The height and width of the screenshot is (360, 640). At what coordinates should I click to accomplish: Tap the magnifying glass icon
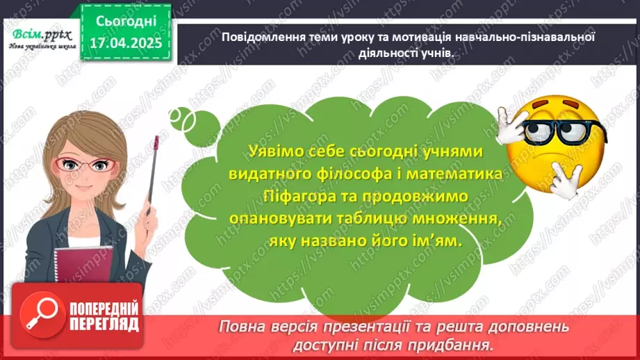[38, 312]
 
